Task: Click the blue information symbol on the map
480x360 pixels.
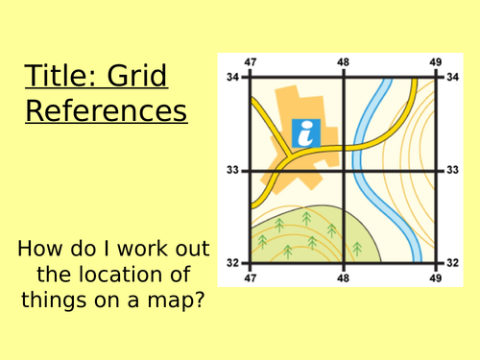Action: (305, 133)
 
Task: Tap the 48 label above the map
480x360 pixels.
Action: (344, 62)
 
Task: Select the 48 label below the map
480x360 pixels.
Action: (344, 276)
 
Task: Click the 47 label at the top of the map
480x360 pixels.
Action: (252, 62)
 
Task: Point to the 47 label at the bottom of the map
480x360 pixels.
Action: (252, 276)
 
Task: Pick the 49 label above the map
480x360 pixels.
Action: (435, 62)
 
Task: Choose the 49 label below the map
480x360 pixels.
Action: (435, 276)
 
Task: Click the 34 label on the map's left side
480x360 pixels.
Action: (231, 77)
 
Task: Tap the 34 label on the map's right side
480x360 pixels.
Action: (454, 77)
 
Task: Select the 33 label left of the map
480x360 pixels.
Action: (231, 169)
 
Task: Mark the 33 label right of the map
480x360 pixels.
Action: (454, 169)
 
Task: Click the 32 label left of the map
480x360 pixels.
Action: (231, 261)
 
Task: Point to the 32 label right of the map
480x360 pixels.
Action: (454, 261)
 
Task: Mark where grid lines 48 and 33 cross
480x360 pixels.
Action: (344, 170)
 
